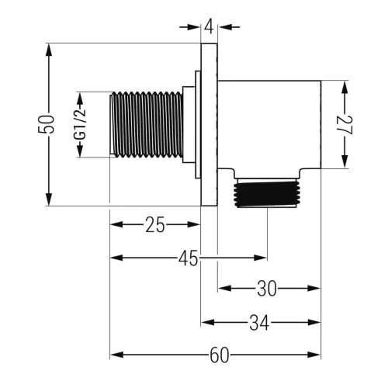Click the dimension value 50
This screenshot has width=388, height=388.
47,124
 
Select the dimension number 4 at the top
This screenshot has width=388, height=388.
209,26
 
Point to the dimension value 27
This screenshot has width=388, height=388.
345,125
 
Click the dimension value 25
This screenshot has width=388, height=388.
155,224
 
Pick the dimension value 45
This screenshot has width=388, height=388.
188,258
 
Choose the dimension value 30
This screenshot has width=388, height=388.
267,288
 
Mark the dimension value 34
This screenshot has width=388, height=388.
259,323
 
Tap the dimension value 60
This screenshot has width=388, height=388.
220,355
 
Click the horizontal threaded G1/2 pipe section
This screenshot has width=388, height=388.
147,124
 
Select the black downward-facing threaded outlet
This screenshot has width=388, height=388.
266,194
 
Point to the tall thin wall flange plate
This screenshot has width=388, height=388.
209,124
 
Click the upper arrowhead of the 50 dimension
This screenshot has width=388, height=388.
49,50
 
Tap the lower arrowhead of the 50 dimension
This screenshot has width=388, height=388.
49,199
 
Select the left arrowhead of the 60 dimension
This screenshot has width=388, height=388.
116,355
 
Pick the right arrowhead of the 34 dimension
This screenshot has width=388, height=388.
314,323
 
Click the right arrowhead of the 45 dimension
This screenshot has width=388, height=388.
261,258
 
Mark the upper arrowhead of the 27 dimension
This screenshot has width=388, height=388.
345,88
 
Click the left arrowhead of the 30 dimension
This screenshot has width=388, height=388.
224,288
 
